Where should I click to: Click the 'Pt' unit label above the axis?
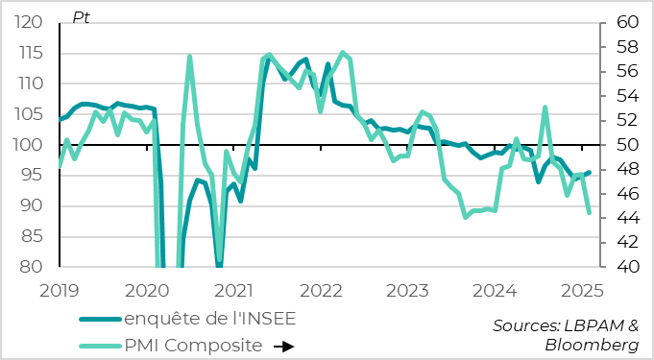[81, 17]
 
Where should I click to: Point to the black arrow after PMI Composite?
[281, 346]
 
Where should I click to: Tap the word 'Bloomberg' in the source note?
[592, 345]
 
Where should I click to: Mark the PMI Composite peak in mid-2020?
[189, 57]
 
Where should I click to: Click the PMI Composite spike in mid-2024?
[545, 107]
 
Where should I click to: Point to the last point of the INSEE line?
[589, 173]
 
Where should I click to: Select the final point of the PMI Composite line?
[589, 212]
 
